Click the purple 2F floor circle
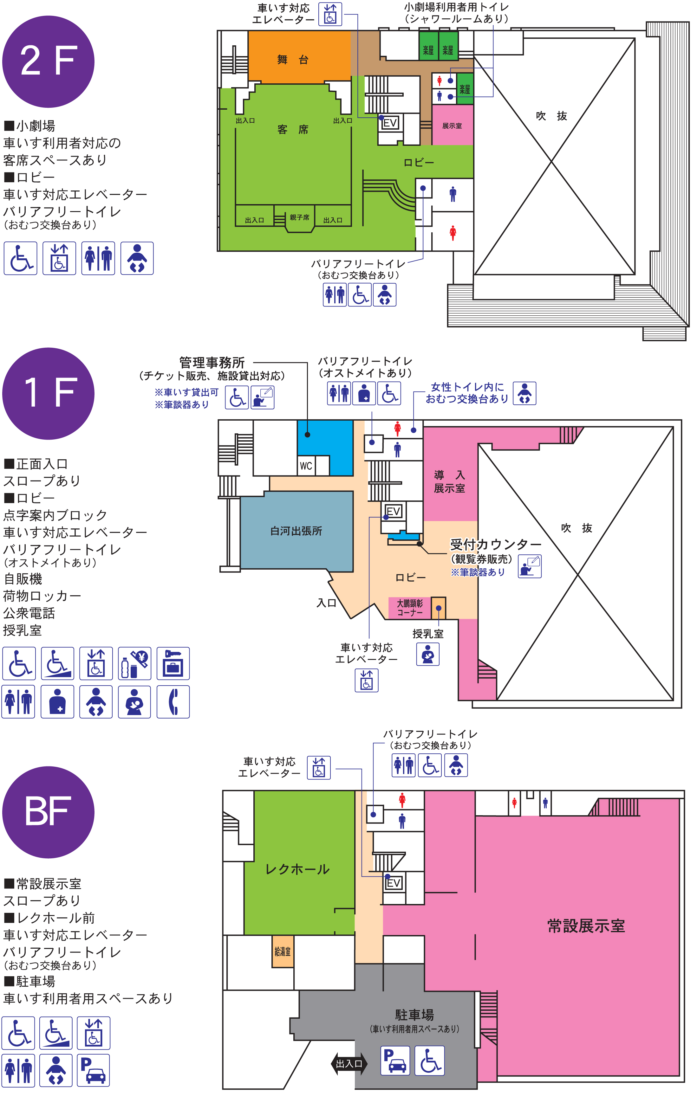(48, 61)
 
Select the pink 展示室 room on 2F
(452, 125)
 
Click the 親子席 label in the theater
(299, 218)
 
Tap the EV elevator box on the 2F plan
(390, 123)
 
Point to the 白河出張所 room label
(296, 531)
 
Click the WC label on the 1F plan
(306, 466)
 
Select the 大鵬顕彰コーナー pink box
(409, 608)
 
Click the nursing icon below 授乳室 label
(427, 654)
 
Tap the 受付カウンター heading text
(496, 544)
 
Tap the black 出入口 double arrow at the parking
(349, 1063)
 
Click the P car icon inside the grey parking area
(395, 1061)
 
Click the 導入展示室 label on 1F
(449, 481)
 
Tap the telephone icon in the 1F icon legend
(173, 701)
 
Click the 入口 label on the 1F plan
(326, 603)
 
